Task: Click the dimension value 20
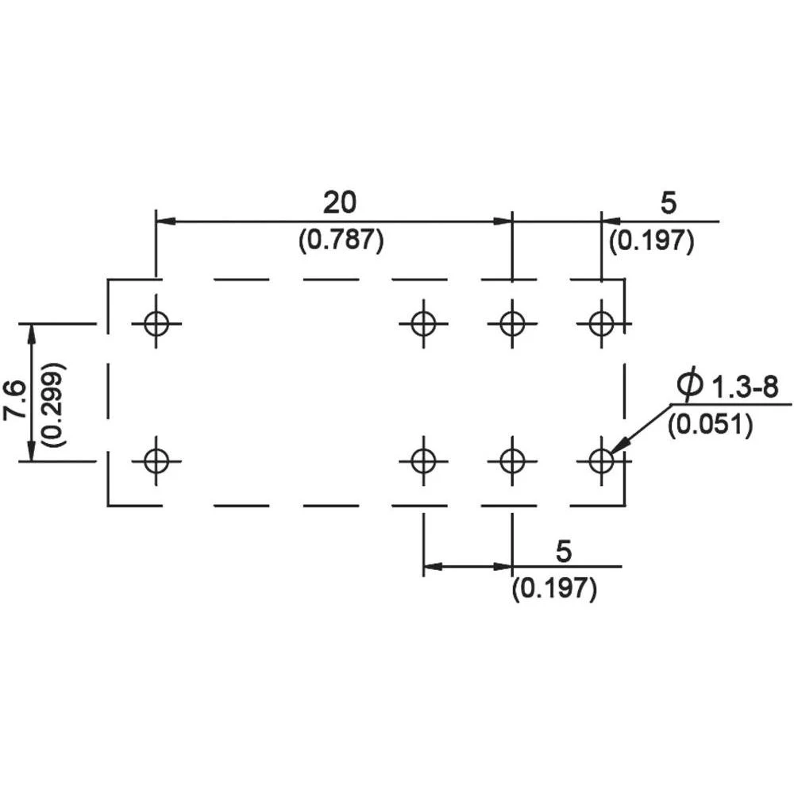coord(340,203)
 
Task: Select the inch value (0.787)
coord(341,241)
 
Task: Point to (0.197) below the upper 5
coord(652,241)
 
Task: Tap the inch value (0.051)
coord(709,425)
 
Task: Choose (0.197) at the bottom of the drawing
coord(554,588)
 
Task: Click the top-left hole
coord(156,323)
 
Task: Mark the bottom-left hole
coord(156,460)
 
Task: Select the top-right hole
coord(601,323)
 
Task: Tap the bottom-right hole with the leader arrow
coord(601,460)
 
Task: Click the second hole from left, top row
coord(423,323)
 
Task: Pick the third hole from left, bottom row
coord(512,460)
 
